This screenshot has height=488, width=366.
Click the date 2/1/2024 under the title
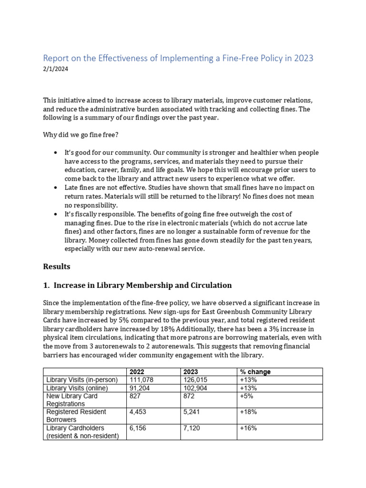[56, 69]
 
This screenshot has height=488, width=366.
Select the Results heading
[57, 266]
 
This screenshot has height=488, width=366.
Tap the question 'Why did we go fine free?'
[81, 135]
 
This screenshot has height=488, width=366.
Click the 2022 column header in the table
[137, 372]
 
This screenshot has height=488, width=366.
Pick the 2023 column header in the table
[191, 372]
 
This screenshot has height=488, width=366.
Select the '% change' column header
[255, 372]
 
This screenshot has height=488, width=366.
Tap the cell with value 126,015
[197, 380]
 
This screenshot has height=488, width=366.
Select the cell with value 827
[135, 396]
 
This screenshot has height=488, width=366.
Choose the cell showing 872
[189, 396]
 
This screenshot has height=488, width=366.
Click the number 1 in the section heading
[46, 285]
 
